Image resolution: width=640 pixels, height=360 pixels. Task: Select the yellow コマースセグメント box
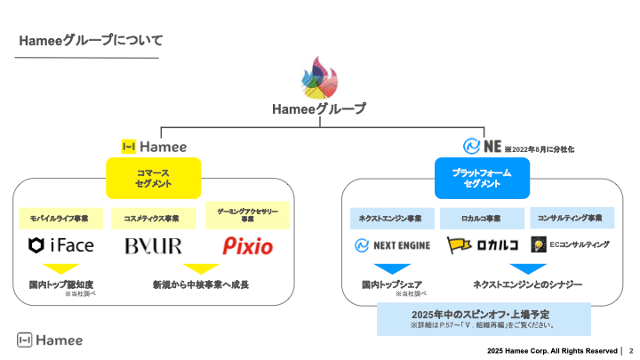point(154,178)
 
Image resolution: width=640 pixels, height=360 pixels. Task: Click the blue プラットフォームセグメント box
point(483,178)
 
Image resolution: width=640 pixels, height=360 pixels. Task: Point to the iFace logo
point(62,245)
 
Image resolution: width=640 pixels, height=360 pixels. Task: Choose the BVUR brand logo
point(153,245)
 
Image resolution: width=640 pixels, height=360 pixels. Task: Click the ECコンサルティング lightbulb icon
point(538,244)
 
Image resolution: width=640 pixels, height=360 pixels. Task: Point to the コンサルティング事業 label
point(572,218)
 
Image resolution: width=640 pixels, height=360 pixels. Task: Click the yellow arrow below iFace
point(61,268)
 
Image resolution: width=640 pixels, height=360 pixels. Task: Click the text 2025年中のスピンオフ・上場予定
point(483,314)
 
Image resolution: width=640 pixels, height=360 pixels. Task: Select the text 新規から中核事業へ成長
point(200,284)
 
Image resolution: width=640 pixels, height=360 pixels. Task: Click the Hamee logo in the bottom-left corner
point(51,340)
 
